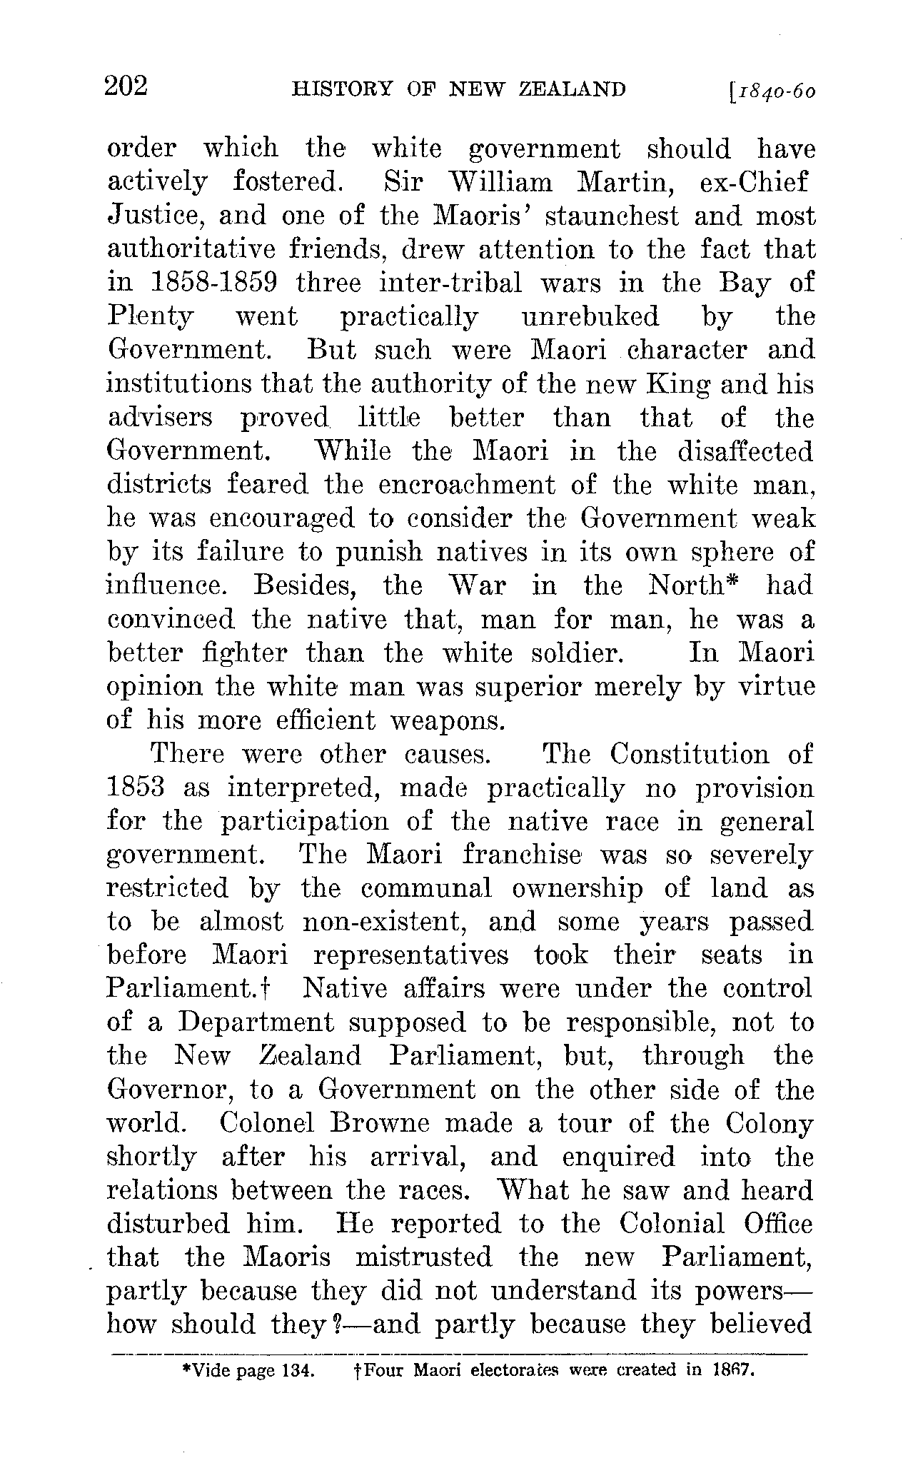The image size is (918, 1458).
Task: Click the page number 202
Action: [126, 86]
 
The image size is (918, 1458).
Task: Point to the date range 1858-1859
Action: [214, 283]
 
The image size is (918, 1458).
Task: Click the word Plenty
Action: [150, 316]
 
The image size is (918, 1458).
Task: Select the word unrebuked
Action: [590, 316]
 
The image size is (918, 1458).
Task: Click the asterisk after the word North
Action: [740, 580]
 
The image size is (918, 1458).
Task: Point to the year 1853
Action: [136, 788]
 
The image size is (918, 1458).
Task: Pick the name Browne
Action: [380, 1123]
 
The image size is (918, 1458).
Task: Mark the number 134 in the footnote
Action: [298, 1370]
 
